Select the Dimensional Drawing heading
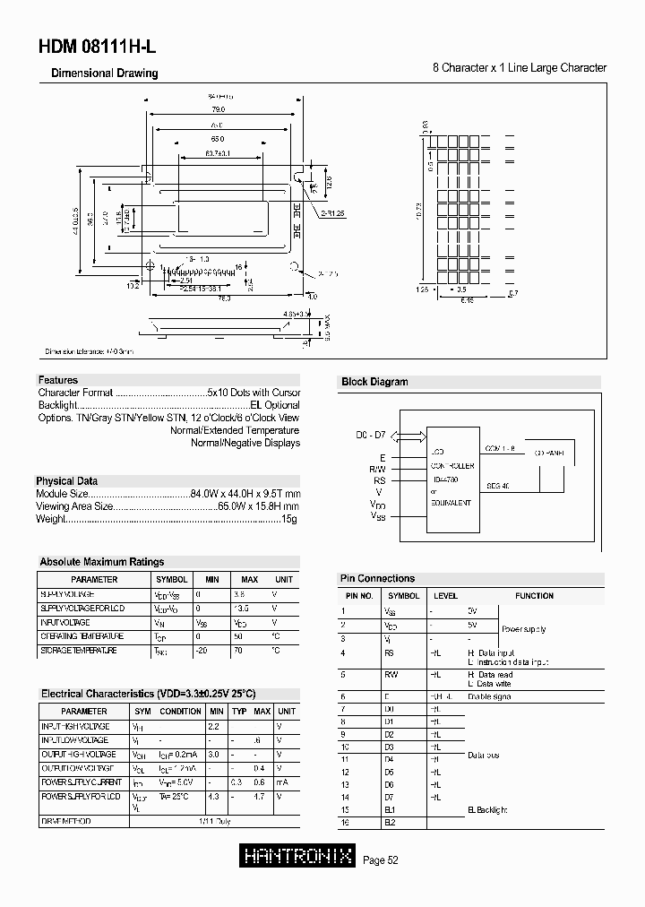pos(104,73)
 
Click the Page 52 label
pos(381,860)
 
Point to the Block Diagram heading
pos(374,382)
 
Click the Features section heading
pos(58,380)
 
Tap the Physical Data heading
pos(67,481)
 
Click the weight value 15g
pos(290,519)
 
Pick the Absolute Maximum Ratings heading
pos(101,562)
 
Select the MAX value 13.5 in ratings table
pos(241,609)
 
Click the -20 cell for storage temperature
pos(202,651)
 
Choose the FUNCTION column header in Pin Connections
pos(534,596)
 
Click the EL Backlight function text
pos(487,809)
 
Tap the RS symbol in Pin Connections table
pos(391,652)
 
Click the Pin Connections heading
pos(377,579)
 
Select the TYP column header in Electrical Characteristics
pos(239,711)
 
